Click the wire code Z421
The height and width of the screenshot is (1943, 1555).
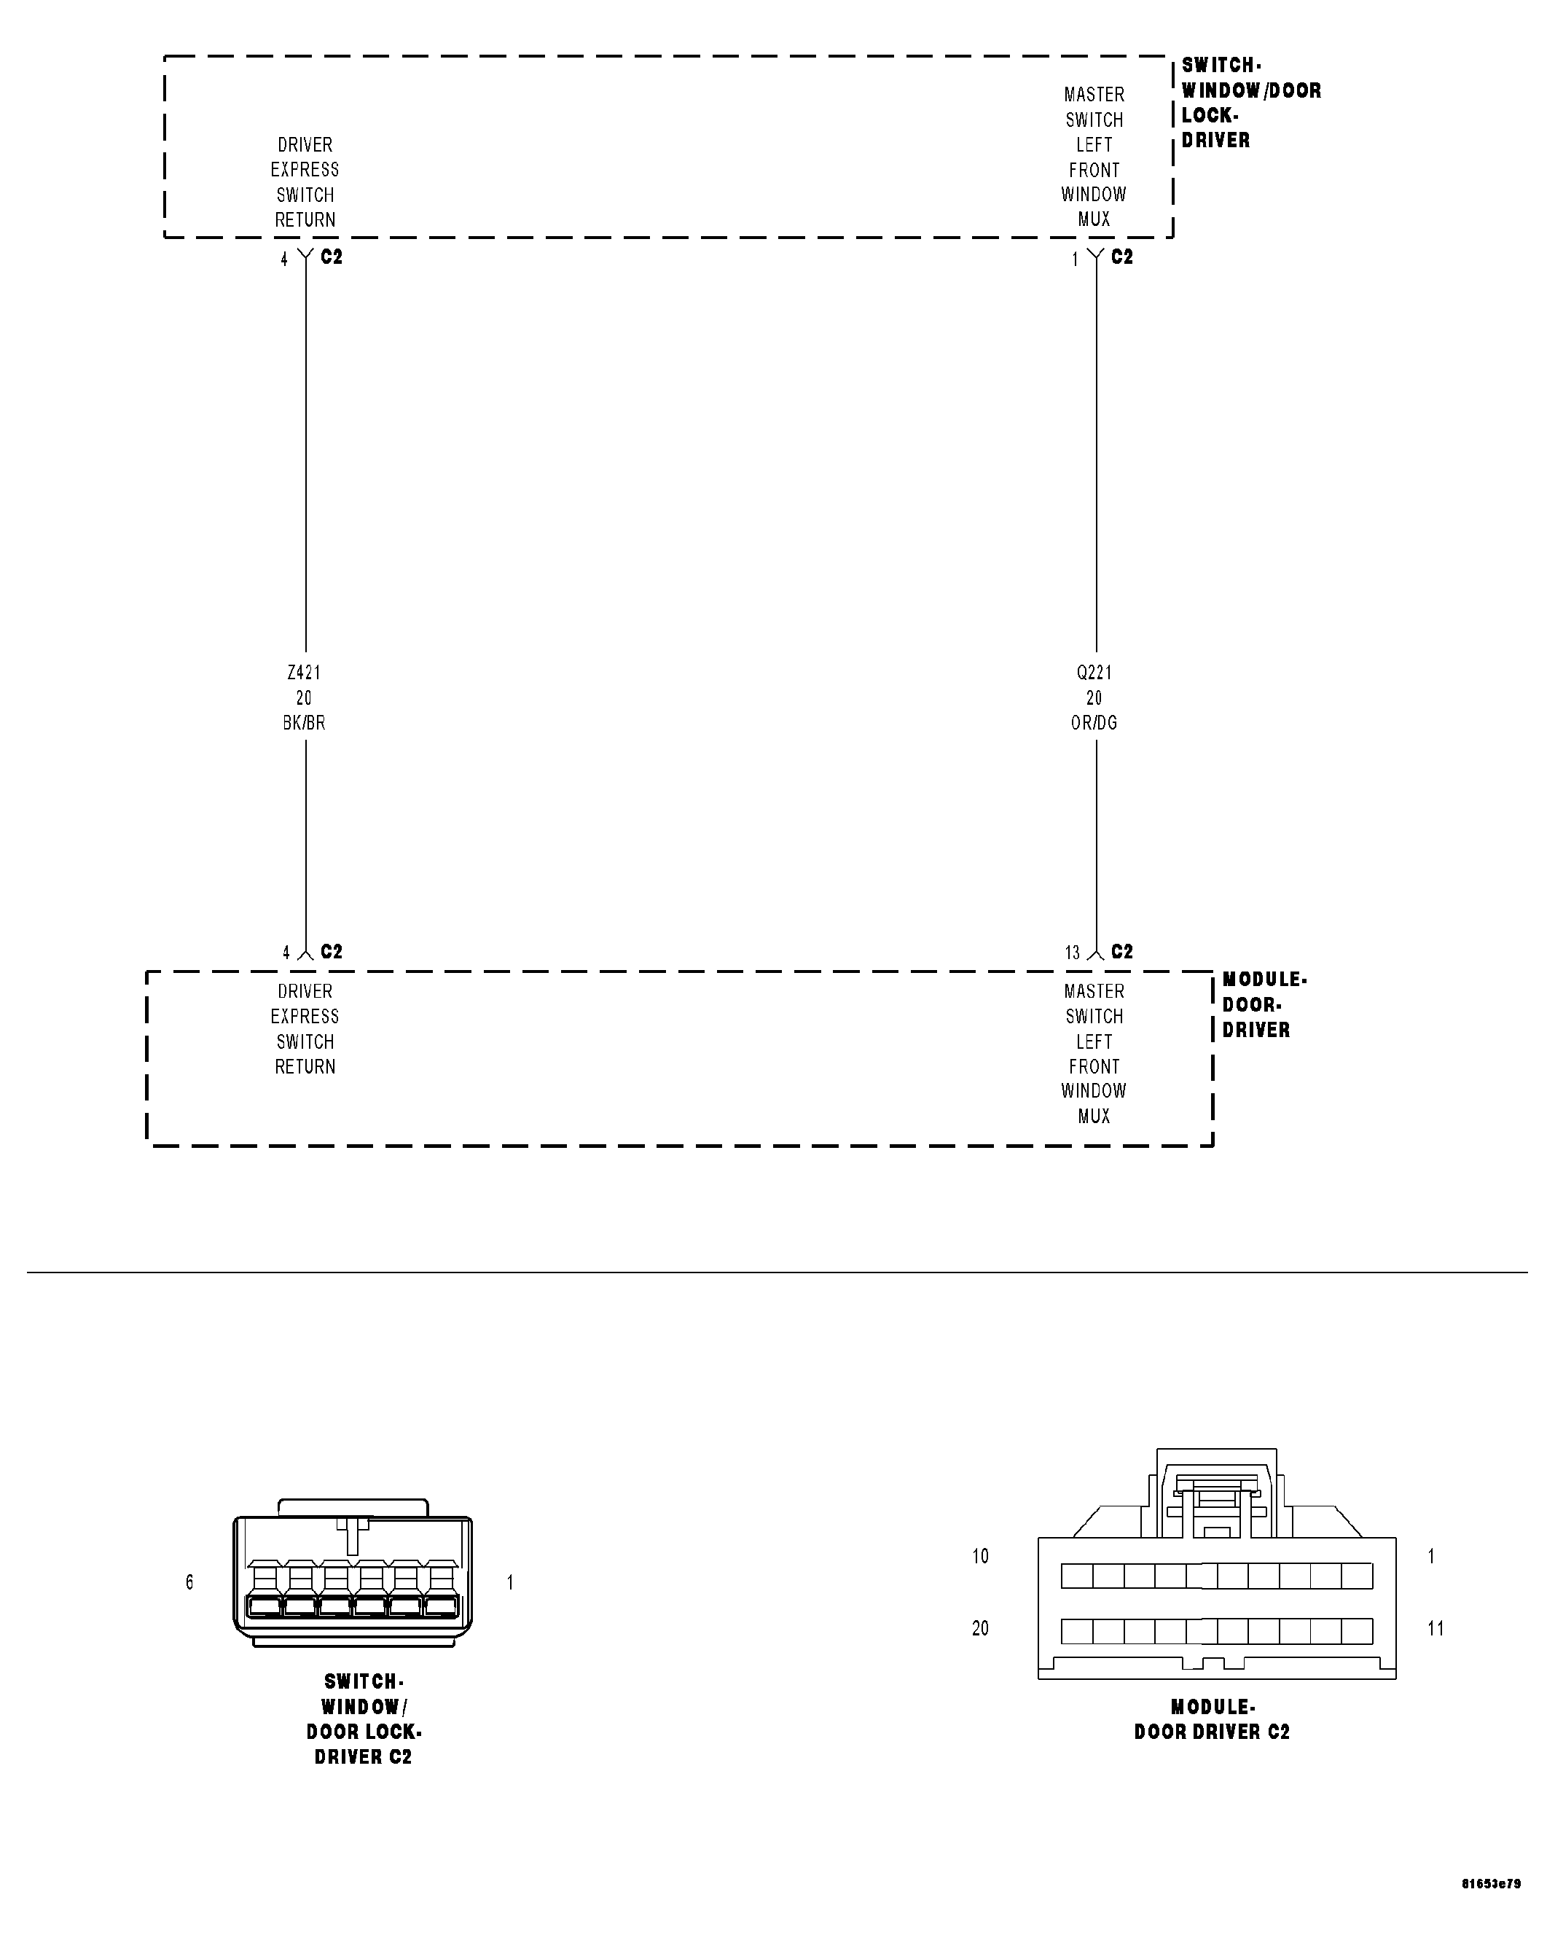(x=304, y=672)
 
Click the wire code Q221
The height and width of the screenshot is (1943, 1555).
(x=1094, y=672)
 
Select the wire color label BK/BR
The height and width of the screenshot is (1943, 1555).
(x=304, y=723)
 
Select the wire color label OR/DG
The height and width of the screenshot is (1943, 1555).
(x=1094, y=723)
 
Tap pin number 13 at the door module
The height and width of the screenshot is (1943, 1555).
(x=1072, y=953)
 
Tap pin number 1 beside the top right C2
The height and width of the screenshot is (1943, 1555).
(x=1075, y=259)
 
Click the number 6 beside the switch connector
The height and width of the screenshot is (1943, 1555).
(x=189, y=1582)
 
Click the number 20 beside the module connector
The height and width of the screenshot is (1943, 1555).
(x=980, y=1628)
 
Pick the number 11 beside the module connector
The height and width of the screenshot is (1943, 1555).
(x=1435, y=1628)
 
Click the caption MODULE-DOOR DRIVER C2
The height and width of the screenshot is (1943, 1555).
(x=1212, y=1719)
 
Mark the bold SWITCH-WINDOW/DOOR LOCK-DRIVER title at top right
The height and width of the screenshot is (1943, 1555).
(x=1250, y=103)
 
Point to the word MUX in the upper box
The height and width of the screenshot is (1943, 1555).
(x=1094, y=219)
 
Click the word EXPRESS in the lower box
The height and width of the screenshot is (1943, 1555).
(x=305, y=1017)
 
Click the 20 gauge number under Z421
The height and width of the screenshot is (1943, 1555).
(x=304, y=697)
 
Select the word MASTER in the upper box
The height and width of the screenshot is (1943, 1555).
(x=1094, y=95)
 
